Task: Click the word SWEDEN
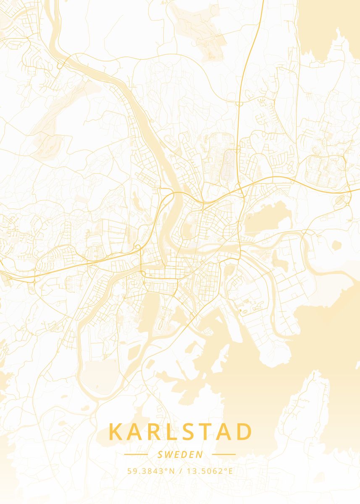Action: (x=180, y=454)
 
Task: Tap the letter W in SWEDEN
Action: (x=170, y=454)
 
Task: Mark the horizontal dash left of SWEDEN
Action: (x=136, y=454)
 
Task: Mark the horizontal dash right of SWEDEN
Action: (x=224, y=454)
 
